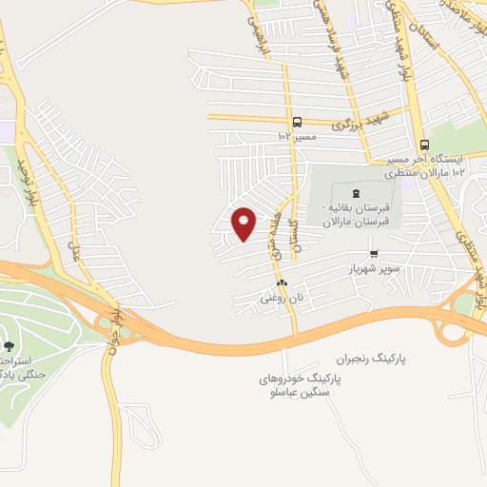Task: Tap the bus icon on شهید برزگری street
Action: coord(297,122)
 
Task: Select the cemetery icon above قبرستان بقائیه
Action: coord(357,194)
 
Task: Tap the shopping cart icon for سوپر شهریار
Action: coord(374,254)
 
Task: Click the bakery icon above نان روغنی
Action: coord(282,283)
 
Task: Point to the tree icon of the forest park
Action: coord(10,345)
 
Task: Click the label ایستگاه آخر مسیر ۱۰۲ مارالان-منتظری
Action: coord(433,165)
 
